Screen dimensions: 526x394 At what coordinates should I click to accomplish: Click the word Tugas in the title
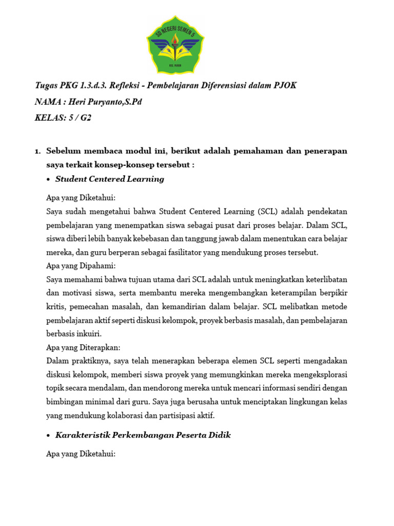click(47, 85)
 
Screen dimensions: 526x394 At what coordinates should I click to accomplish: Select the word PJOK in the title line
click(285, 85)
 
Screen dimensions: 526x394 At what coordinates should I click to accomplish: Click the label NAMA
click(46, 102)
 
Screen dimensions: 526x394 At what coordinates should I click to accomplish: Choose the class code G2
click(85, 118)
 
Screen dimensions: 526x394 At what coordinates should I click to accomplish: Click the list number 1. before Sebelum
click(37, 151)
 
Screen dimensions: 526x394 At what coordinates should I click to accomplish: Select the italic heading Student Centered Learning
click(110, 179)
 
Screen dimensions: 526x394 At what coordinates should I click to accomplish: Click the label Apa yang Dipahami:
click(81, 266)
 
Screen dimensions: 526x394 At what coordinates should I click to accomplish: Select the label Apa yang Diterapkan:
click(83, 347)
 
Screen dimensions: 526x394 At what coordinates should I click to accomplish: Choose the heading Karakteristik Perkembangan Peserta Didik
click(143, 435)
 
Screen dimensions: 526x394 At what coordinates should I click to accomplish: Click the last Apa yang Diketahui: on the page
click(81, 454)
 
